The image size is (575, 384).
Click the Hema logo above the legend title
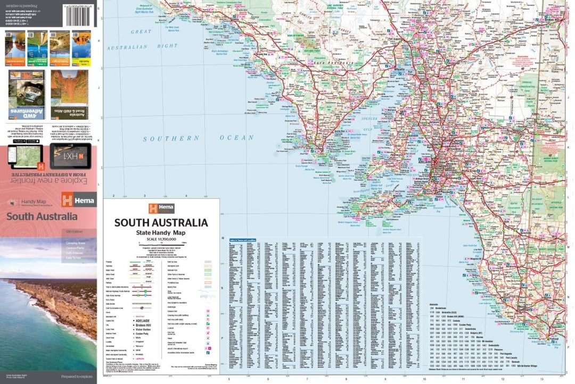coord(161,208)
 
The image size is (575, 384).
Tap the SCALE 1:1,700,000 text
coord(161,240)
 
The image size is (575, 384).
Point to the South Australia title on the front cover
coord(42,216)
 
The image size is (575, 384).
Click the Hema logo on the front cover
coord(78,199)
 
